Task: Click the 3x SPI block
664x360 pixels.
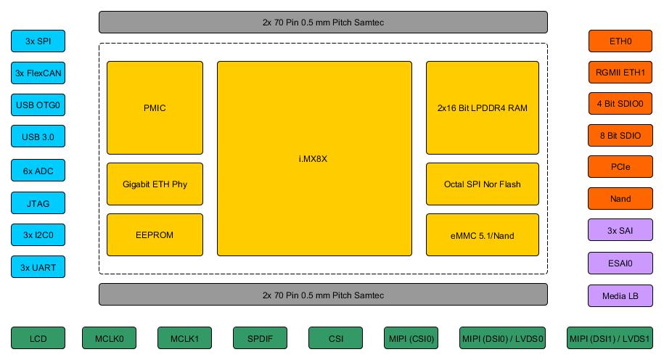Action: [38, 41]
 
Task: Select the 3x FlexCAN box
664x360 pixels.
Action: [38, 73]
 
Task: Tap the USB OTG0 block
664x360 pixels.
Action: [38, 105]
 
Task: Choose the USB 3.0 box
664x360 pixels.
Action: [38, 136]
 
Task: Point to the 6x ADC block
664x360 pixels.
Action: [38, 171]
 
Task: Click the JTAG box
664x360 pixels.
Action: [38, 203]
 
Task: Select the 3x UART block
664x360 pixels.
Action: [38, 267]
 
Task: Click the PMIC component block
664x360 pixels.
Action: [155, 108]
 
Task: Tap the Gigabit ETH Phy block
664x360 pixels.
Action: [155, 184]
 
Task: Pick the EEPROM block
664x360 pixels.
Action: [155, 235]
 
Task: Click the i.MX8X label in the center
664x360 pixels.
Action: [313, 159]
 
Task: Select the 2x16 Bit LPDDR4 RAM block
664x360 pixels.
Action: [482, 108]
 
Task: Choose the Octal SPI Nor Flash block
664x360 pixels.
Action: [482, 184]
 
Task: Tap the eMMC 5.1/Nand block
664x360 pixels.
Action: [482, 235]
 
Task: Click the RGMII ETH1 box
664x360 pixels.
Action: [620, 73]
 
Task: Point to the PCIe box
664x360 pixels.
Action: [620, 166]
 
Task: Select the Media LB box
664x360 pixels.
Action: [620, 295]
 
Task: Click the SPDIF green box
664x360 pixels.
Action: [260, 338]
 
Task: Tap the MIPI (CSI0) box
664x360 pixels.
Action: [411, 338]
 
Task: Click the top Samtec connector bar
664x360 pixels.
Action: [323, 22]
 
